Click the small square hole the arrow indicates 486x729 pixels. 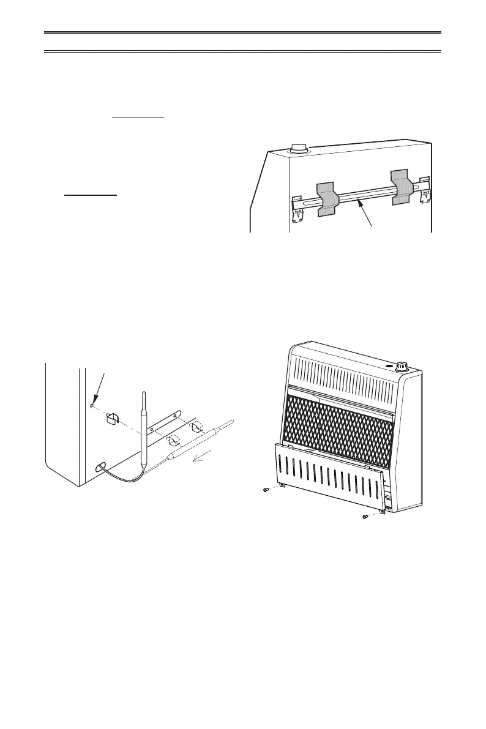tap(91, 405)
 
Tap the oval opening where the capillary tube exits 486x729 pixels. tap(99, 468)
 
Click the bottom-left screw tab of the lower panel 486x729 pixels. tap(281, 485)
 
